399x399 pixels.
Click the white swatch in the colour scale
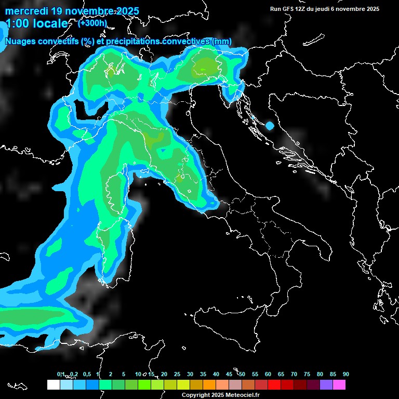coord(53,384)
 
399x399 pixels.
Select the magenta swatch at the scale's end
coord(339,384)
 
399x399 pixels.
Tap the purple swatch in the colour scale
coord(326,384)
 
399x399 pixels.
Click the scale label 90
coord(345,374)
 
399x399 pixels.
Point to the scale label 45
coord(229,374)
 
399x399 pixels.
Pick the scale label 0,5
coord(86,374)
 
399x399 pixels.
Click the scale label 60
coord(268,374)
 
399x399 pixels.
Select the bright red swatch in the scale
coord(274,384)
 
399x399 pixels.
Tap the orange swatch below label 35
coord(209,384)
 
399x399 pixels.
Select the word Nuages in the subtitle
coord(20,42)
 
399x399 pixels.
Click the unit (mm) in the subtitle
coord(222,42)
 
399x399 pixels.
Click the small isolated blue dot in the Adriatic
coord(269,126)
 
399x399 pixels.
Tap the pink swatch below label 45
coord(235,384)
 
